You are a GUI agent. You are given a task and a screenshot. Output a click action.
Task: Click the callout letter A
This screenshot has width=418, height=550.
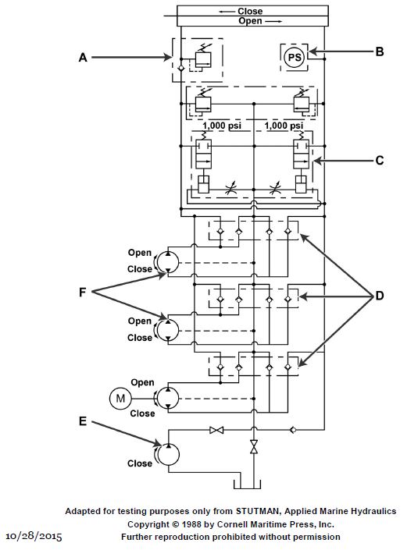click(83, 57)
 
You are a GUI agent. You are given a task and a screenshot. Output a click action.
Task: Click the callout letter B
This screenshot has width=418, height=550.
click(380, 51)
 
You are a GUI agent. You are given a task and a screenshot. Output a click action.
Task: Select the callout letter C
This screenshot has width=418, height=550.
click(380, 160)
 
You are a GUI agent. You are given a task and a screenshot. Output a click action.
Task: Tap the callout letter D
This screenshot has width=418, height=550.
click(380, 296)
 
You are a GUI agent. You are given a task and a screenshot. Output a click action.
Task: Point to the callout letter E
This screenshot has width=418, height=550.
click(83, 421)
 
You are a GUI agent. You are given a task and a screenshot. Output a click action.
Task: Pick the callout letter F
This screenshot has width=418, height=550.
click(83, 292)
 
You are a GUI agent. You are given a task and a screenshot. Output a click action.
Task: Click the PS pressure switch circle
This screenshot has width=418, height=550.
click(295, 57)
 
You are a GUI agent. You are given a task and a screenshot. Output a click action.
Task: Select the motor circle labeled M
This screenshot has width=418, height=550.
click(120, 399)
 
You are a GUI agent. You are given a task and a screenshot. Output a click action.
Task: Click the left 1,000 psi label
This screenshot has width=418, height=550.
click(222, 126)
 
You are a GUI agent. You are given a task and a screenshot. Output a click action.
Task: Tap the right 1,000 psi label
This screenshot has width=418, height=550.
click(284, 126)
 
